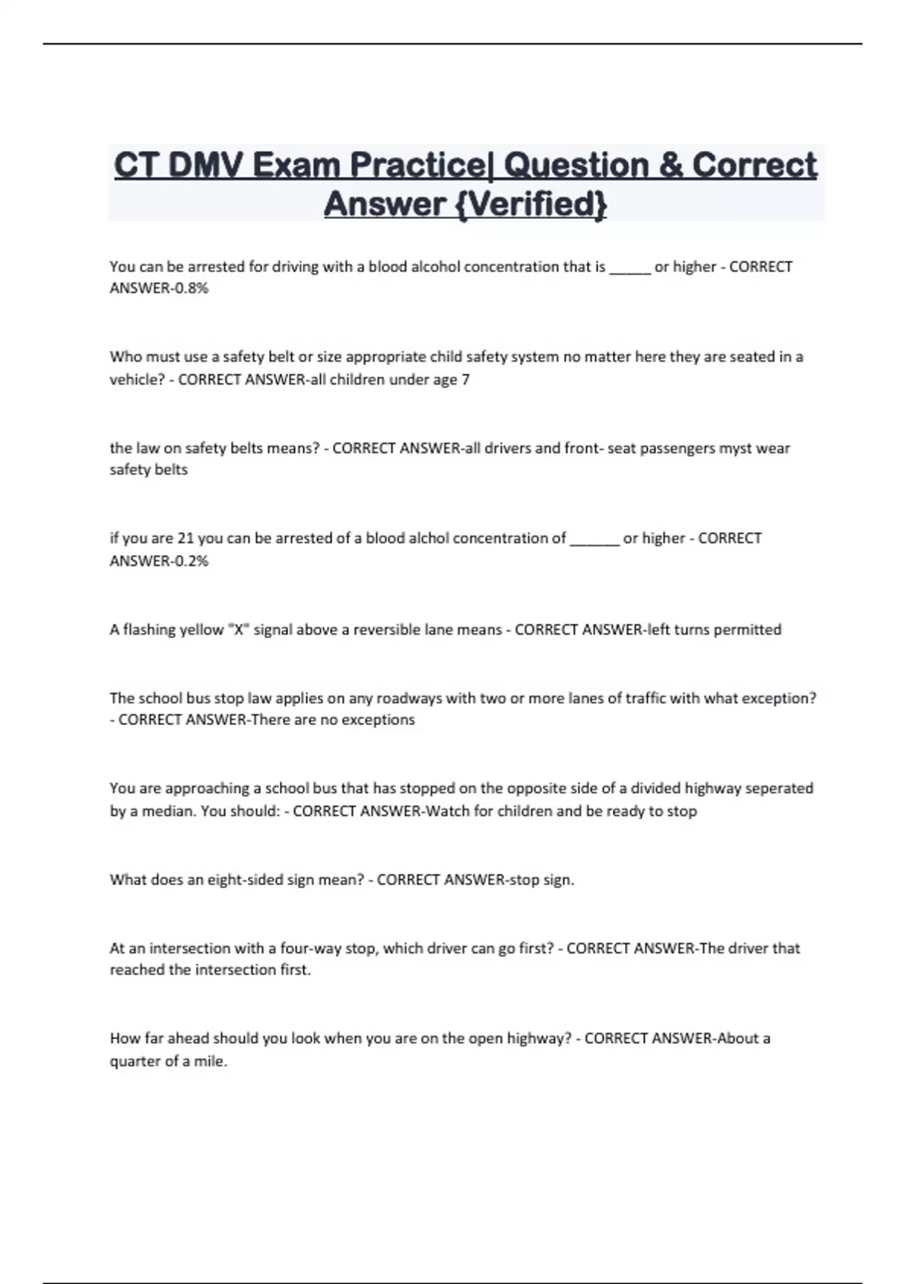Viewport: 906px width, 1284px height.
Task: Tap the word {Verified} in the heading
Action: pos(532,203)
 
